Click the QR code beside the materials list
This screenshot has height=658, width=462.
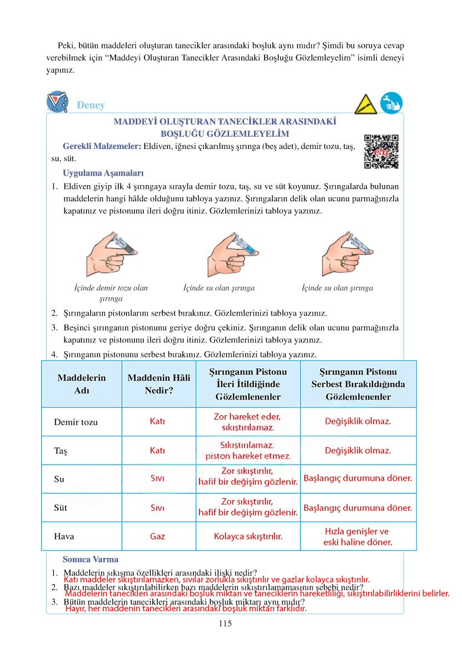[381, 151]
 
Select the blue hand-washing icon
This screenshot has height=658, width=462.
[391, 103]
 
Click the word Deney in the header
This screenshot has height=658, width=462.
[91, 105]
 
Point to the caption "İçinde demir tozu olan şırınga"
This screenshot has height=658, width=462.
[111, 293]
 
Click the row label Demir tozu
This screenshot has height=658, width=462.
[76, 422]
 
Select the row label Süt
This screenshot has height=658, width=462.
[60, 508]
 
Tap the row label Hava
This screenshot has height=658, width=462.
[64, 537]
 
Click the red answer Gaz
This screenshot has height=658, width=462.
[157, 537]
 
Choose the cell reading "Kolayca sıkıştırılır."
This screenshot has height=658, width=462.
[248, 537]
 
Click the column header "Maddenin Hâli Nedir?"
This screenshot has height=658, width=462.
[158, 384]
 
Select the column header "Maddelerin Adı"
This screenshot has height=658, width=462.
[82, 384]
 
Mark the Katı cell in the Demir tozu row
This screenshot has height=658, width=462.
[157, 422]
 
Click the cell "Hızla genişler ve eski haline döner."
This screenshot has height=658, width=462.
[358, 536]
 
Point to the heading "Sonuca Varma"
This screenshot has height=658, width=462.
[91, 560]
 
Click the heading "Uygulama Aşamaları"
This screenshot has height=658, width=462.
[103, 172]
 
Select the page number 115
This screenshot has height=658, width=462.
[225, 624]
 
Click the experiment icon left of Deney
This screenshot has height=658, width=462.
[58, 102]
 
